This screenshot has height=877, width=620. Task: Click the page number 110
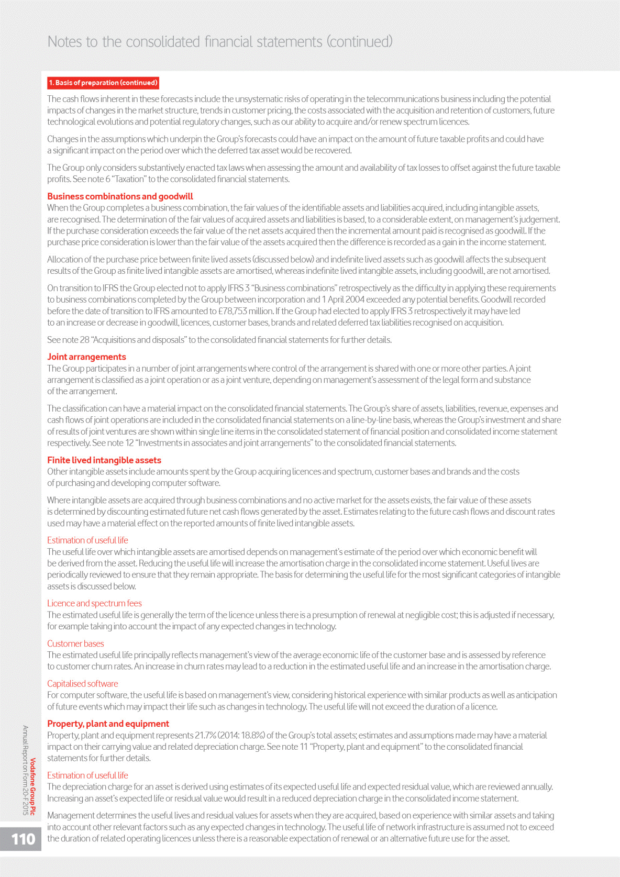[x=23, y=839]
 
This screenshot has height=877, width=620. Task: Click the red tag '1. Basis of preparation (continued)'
[x=103, y=83]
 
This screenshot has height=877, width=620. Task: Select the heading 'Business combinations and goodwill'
[x=120, y=196]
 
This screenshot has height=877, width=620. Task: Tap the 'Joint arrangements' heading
[x=86, y=357]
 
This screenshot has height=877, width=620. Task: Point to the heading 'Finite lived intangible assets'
[x=104, y=460]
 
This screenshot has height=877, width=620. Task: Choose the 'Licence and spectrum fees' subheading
[x=94, y=603]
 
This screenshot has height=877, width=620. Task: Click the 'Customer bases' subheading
[x=75, y=643]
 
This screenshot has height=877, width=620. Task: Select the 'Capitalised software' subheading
[x=83, y=683]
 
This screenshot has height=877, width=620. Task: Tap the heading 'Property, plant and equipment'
[x=108, y=724]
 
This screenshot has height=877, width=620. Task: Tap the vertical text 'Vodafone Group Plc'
[x=33, y=786]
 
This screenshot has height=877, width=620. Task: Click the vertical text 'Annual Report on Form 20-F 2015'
[x=25, y=770]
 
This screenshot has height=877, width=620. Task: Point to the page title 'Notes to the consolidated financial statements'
[x=185, y=41]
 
